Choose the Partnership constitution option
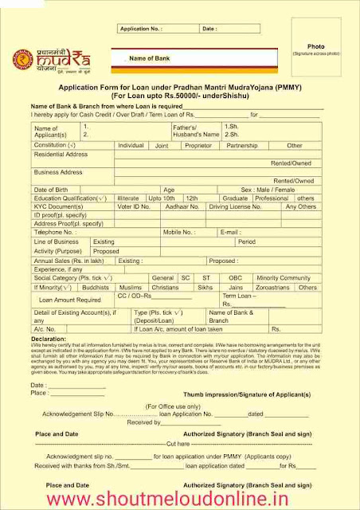click(242, 146)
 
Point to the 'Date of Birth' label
click(51, 190)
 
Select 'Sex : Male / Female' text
click(269, 190)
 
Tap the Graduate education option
click(236, 198)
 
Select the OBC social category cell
click(234, 277)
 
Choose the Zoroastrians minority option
click(272, 286)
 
